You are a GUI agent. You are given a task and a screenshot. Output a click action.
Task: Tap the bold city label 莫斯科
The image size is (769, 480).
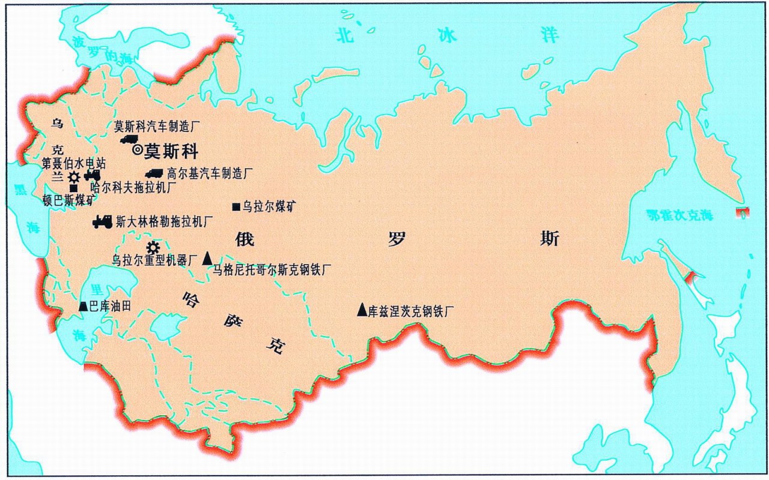pos(171,151)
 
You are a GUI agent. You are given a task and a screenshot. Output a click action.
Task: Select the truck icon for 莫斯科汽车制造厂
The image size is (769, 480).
pos(129,139)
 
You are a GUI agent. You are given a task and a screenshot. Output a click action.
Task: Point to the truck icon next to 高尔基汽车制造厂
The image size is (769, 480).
pos(154,173)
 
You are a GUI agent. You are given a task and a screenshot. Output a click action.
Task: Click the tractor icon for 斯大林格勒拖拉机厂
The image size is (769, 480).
pos(102,221)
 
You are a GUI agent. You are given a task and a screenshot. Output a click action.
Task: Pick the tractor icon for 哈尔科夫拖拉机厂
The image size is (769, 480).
pos(92,175)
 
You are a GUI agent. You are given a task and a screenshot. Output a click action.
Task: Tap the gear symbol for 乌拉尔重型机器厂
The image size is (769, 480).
pos(153,247)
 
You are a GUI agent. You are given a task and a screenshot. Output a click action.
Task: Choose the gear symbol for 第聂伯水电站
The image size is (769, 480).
pos(74,177)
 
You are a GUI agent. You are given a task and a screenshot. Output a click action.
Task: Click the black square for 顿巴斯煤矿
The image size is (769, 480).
pos(73,188)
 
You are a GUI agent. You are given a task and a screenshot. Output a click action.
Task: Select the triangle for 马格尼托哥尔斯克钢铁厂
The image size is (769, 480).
pos(207,258)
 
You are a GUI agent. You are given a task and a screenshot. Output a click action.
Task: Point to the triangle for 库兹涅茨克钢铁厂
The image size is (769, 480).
pos(362,310)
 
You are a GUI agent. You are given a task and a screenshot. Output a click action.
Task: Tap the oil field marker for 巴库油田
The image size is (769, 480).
pos(83,306)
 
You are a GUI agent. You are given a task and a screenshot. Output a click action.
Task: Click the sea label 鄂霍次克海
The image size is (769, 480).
pos(679,215)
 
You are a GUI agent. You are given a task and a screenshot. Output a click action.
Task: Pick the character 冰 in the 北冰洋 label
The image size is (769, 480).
pos(447,36)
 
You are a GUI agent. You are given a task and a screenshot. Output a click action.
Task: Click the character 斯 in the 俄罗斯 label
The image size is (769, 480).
pos(550,238)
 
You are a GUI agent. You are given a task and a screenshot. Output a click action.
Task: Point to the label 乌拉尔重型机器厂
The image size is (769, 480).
pos(155,260)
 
